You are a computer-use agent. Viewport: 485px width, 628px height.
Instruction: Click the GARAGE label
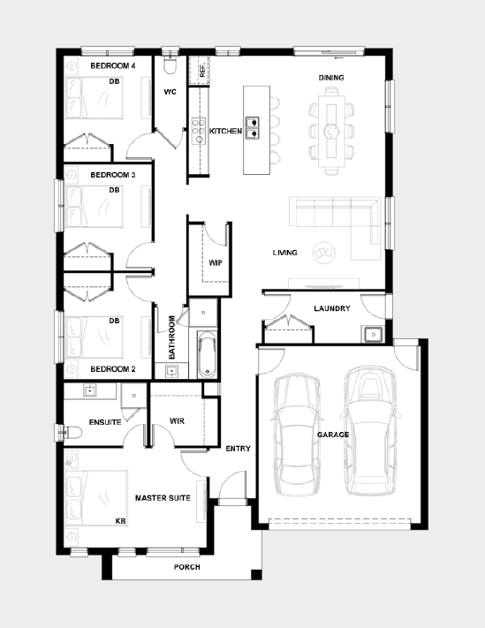[333, 435]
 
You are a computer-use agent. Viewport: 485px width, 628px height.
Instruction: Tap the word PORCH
[187, 567]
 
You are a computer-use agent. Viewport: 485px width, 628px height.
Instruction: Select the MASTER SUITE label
[163, 498]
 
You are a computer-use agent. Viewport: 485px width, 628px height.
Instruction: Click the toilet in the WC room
[170, 64]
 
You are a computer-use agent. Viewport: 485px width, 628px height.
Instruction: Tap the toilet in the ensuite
[72, 433]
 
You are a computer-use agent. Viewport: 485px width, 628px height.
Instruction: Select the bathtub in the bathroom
[207, 354]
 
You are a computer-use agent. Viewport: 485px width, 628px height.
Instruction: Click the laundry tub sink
[373, 334]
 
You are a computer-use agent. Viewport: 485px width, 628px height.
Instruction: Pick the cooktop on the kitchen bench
[198, 131]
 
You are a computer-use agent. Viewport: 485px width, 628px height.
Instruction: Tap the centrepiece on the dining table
[331, 130]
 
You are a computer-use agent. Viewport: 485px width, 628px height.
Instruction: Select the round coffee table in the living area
[323, 253]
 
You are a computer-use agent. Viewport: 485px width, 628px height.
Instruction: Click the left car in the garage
[297, 435]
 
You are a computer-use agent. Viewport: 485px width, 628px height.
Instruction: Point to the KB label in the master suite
[120, 521]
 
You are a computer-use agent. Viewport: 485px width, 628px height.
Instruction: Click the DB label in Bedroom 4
[114, 81]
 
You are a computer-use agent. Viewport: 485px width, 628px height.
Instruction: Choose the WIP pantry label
[216, 262]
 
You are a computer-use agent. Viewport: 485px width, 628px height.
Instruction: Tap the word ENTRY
[238, 449]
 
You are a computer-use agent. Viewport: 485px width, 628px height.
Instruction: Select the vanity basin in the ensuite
[90, 390]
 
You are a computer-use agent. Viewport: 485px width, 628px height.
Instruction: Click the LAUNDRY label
[332, 308]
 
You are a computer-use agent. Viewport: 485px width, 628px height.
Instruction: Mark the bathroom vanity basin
[171, 371]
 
